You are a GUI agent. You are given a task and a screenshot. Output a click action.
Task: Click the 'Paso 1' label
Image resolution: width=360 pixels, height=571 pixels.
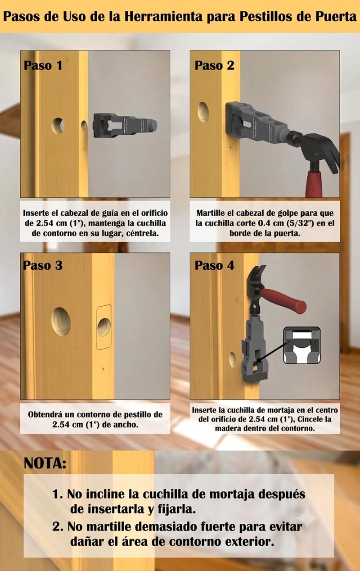tap(43, 65)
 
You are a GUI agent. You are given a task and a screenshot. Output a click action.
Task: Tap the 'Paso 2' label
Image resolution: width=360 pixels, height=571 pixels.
tap(214, 65)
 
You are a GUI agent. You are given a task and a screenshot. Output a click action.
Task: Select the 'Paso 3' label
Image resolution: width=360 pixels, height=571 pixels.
tap(43, 265)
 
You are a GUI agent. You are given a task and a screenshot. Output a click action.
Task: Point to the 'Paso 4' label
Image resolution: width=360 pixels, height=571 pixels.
tap(214, 265)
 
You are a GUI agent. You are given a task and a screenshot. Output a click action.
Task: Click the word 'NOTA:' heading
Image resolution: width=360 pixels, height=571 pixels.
tap(45, 463)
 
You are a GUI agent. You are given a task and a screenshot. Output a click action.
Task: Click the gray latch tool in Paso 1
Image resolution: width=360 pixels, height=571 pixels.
tap(125, 126)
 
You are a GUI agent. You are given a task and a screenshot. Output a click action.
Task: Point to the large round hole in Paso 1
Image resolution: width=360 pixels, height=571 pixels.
tap(58, 126)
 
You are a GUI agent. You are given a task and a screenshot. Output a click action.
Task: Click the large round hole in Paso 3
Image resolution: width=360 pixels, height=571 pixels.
tap(61, 322)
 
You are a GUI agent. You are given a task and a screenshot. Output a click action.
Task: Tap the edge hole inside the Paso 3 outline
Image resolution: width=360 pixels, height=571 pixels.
tap(104, 327)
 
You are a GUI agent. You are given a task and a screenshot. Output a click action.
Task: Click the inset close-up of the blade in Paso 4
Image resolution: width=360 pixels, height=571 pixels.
tap(302, 345)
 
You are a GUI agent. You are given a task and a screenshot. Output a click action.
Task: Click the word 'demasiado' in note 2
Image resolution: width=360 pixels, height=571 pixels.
tap(156, 527)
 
